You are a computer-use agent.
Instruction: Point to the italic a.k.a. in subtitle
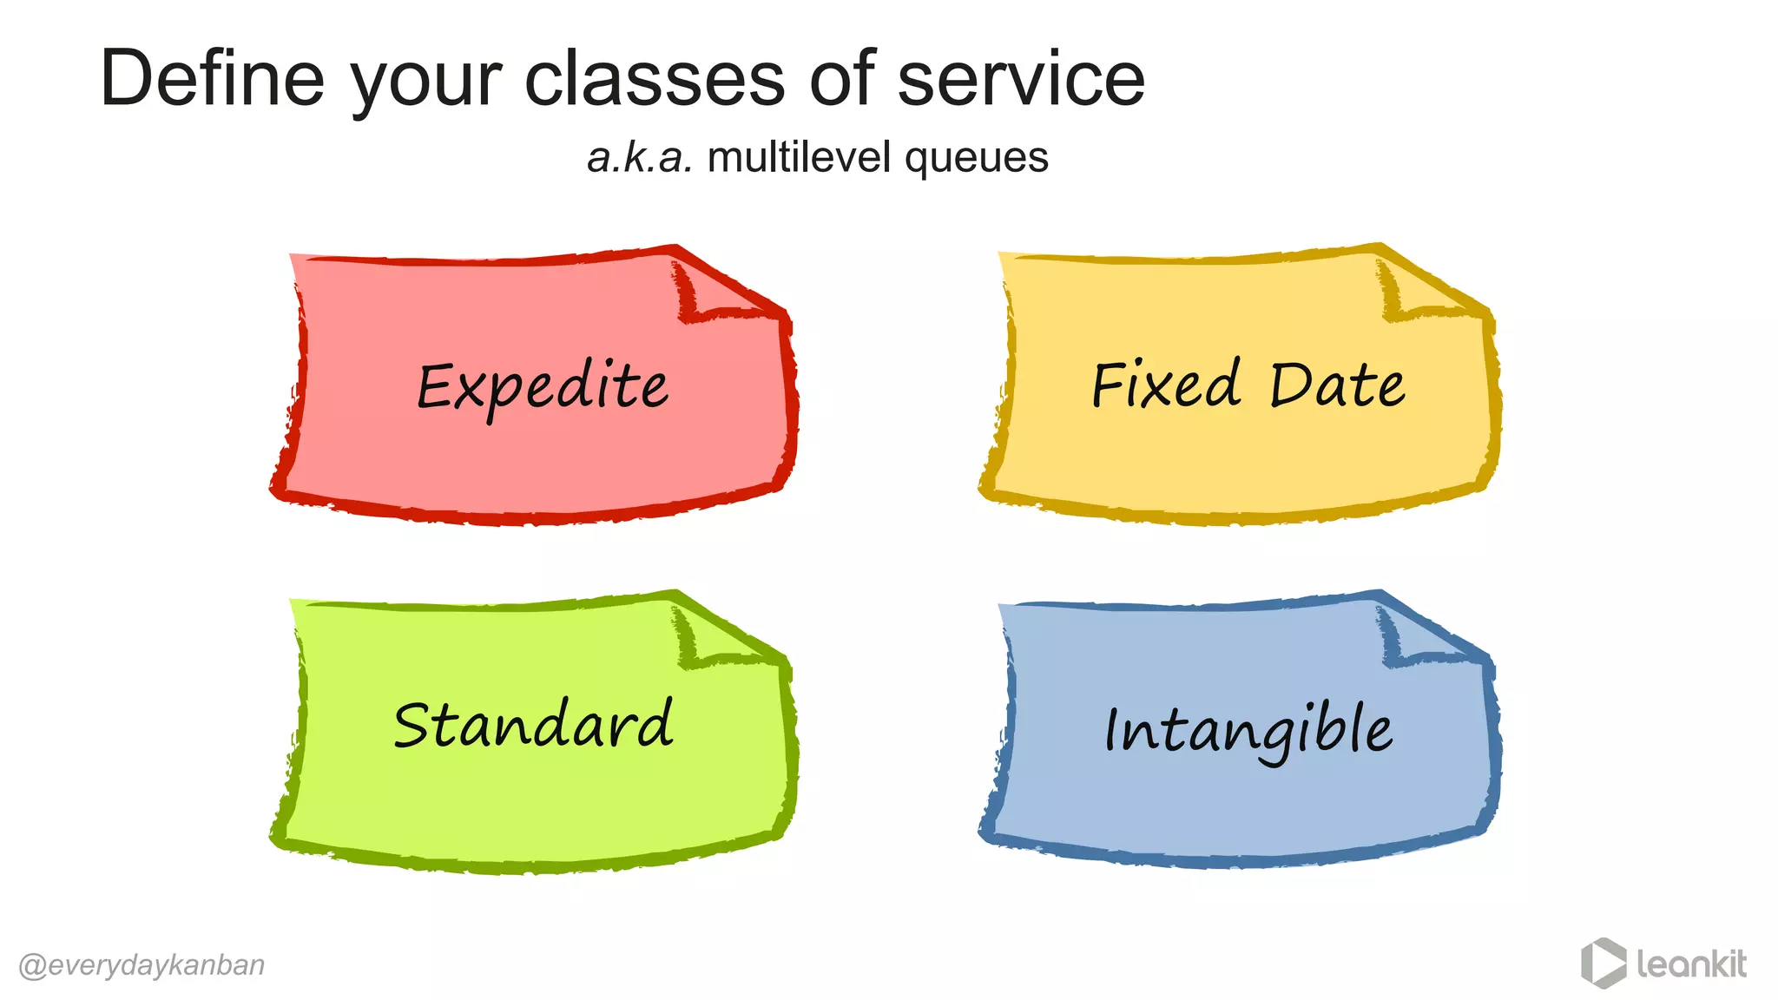click(640, 158)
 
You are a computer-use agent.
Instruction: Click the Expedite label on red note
click(543, 387)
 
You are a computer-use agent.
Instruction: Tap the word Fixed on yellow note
click(1166, 385)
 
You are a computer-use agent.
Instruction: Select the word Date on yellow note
click(1337, 385)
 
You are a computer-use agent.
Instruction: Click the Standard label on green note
click(533, 725)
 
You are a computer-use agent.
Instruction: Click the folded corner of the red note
click(716, 291)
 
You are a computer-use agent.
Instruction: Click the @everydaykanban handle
click(142, 965)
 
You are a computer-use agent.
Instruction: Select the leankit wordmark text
click(1691, 964)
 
